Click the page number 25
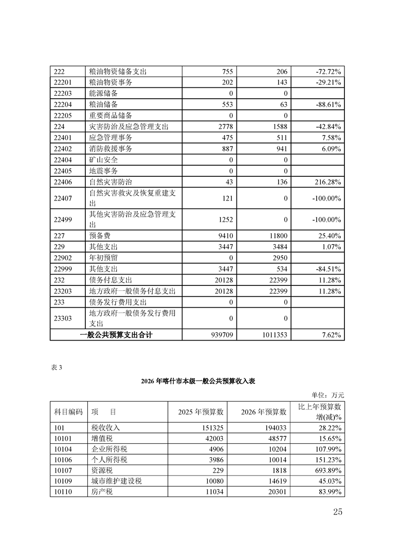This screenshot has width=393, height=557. (337, 512)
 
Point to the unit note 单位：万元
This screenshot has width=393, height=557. (328, 395)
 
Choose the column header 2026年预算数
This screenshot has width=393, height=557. (264, 412)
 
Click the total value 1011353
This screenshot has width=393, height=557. (272, 335)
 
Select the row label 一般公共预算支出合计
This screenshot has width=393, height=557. (116, 335)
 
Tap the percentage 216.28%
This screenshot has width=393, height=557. (325, 182)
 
